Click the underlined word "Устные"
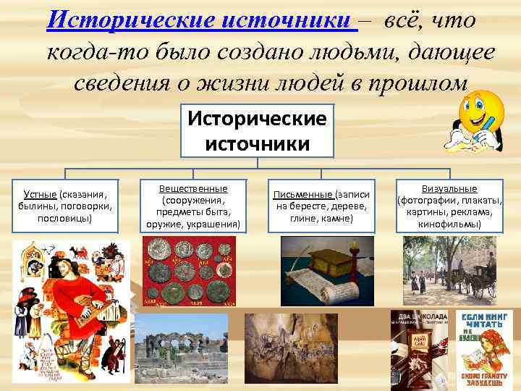[40, 195]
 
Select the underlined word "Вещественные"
[193, 188]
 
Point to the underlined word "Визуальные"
[449, 189]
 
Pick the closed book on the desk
[324, 262]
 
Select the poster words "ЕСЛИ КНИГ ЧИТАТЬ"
[484, 322]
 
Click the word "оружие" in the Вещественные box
[164, 224]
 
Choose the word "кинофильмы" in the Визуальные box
[449, 224]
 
